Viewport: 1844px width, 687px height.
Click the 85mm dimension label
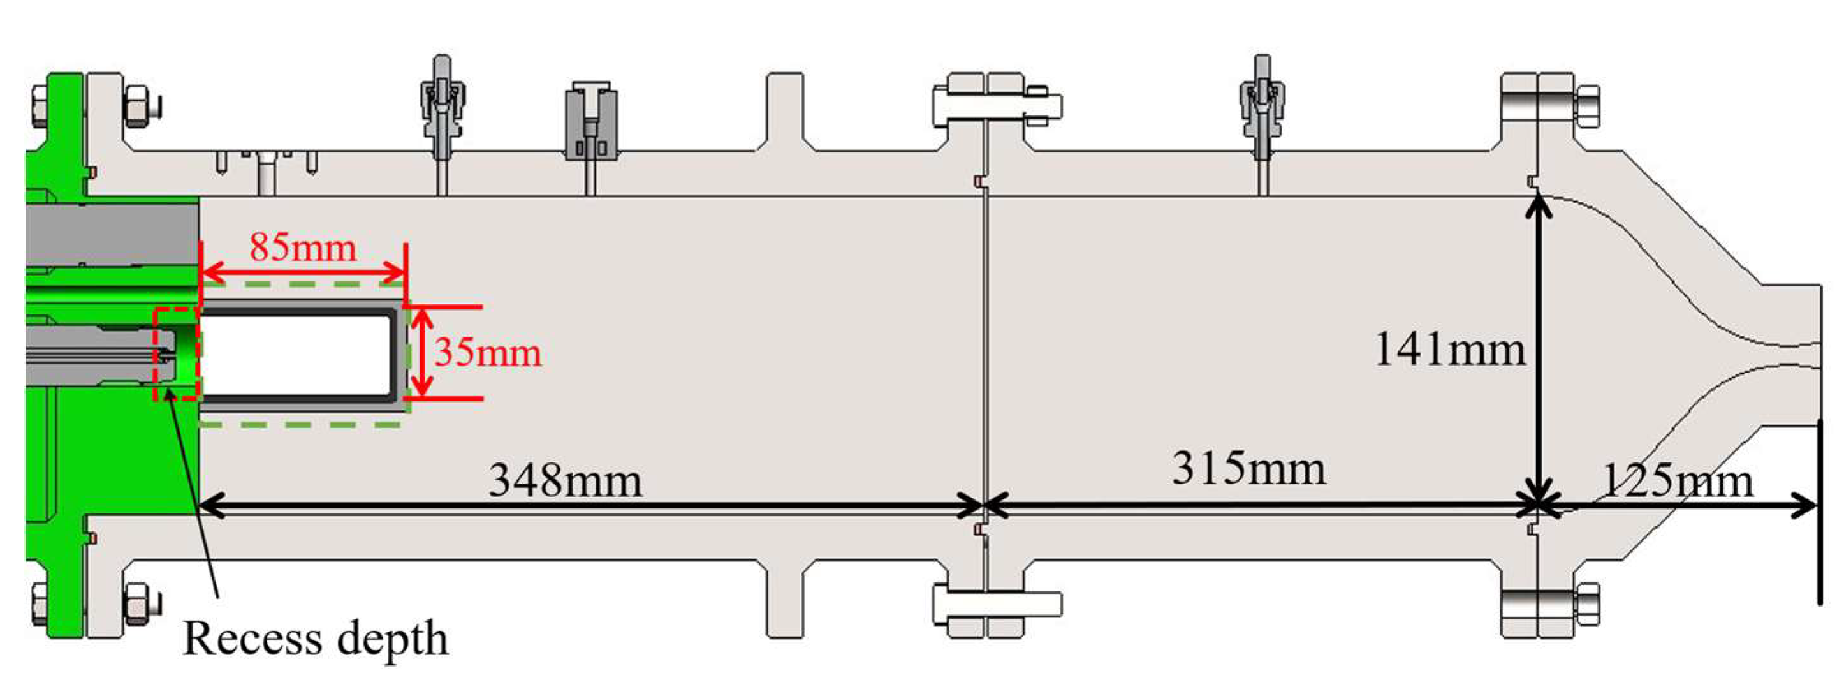303,248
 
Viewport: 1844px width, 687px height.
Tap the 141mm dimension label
1449,350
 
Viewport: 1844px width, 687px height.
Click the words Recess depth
316,638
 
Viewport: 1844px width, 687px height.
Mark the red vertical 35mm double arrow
423,353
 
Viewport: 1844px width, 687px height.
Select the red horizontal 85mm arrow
303,273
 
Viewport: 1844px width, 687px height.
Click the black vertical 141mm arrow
1539,351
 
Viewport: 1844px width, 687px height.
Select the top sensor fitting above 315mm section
1262,107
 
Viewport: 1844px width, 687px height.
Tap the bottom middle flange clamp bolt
997,604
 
